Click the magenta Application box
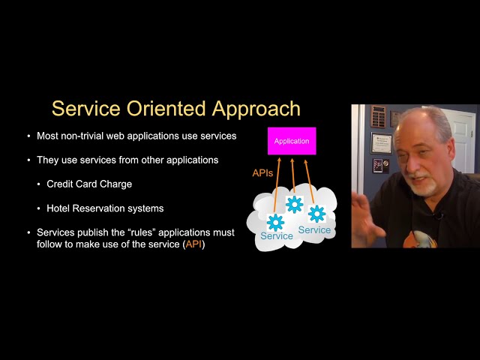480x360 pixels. [x=292, y=141]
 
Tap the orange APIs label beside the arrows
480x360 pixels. [x=262, y=173]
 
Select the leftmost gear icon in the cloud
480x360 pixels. [x=275, y=221]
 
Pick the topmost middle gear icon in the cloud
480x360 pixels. [x=294, y=204]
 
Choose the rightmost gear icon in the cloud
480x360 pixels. [x=316, y=214]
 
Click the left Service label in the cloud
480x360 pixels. [x=276, y=236]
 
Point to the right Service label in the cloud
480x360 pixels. [x=314, y=230]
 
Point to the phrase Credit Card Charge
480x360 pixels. [x=89, y=184]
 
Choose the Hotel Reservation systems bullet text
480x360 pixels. [x=105, y=208]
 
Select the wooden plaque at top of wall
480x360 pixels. [x=378, y=116]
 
